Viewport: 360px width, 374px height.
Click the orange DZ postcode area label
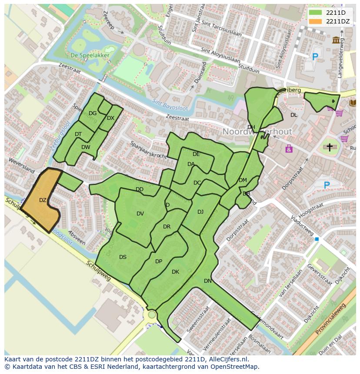(x=43, y=200)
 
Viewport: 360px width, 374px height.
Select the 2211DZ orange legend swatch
(x=316, y=21)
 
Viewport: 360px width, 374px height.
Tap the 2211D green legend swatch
(x=316, y=13)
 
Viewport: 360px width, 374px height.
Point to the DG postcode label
(x=93, y=113)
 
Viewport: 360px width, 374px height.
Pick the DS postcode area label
(x=123, y=257)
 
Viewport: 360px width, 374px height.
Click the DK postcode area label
(x=175, y=272)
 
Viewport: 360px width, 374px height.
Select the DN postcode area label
(x=208, y=281)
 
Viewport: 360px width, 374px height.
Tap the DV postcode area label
(x=140, y=213)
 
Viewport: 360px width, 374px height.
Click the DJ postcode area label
(x=200, y=212)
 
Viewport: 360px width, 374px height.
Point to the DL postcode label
(x=294, y=115)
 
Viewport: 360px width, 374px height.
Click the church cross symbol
(x=330, y=148)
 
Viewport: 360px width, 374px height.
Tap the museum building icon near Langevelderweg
(x=336, y=40)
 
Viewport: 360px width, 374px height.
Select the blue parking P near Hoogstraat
(x=327, y=185)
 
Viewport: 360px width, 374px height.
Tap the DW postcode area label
(x=86, y=147)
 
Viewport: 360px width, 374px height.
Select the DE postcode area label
(x=196, y=154)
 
